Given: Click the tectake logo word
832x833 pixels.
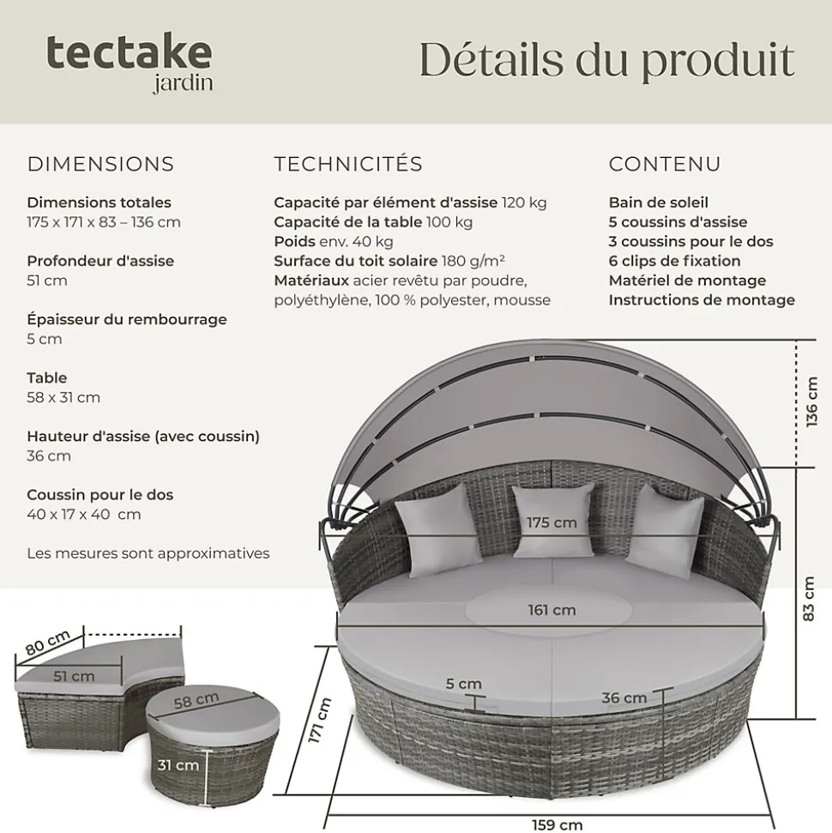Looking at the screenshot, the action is [130, 52].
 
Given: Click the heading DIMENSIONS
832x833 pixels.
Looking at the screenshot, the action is [101, 164].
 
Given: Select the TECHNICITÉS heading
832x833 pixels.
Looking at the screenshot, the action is [348, 164].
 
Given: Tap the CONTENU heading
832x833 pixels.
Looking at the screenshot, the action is [665, 164].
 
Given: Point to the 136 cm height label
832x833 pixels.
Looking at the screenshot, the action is [811, 402].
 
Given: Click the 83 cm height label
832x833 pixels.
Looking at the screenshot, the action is [808, 599].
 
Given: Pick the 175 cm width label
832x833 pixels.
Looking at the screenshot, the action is [552, 522].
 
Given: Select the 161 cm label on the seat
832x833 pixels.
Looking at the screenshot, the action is [552, 610].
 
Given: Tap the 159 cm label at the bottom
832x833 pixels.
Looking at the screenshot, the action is [557, 824].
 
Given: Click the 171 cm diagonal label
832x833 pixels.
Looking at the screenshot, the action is [319, 721].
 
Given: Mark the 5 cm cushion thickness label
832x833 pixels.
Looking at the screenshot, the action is [463, 684].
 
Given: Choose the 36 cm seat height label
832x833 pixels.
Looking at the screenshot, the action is [624, 698].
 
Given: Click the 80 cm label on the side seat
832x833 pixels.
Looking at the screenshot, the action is [48, 643].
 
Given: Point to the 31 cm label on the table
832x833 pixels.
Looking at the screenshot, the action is [178, 765].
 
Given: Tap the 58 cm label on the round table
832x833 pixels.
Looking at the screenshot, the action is [196, 700].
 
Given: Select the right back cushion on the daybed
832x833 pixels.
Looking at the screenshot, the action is [666, 531].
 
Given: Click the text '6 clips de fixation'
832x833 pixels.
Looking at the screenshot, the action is [674, 261].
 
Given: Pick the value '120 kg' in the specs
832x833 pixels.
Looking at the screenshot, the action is [524, 202].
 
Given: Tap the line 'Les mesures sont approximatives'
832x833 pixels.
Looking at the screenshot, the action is [148, 553].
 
